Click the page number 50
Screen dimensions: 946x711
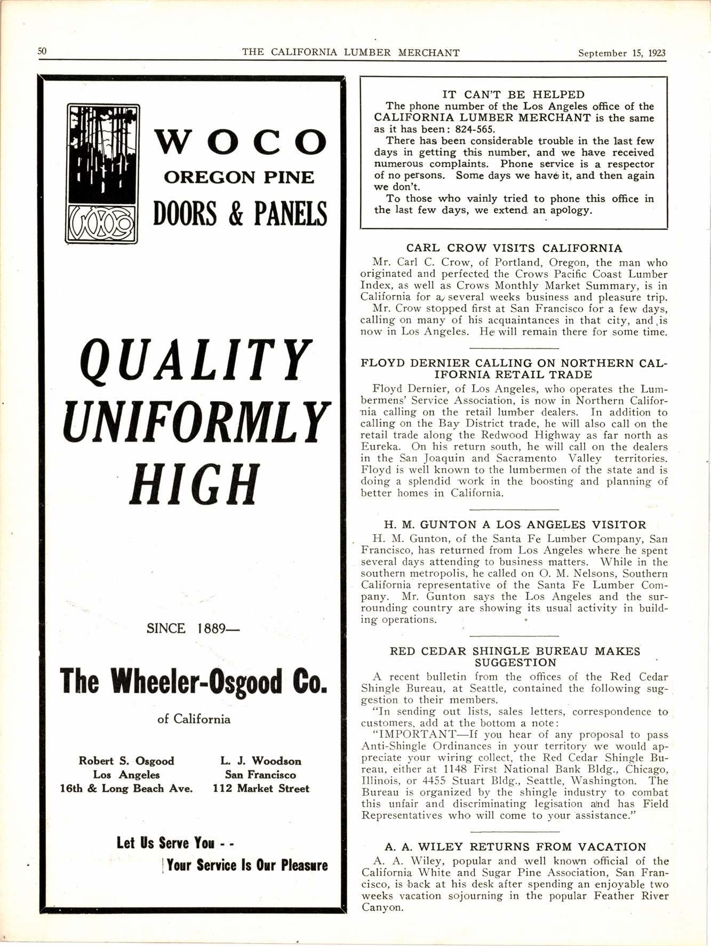tap(42, 51)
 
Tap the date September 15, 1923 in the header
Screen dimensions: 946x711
tap(622, 53)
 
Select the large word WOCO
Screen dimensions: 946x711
tap(241, 142)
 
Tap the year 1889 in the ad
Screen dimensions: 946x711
tap(212, 629)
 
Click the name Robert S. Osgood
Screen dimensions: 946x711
tap(126, 761)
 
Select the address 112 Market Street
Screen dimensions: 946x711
tap(261, 789)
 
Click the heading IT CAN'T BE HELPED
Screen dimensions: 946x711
tap(514, 94)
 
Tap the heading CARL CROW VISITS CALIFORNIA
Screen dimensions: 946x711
tap(514, 248)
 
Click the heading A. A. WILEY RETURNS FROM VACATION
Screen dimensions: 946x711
tap(515, 847)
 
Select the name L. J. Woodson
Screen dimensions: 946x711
tap(260, 761)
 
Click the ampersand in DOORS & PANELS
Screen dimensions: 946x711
tap(235, 214)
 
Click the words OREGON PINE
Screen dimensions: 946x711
tap(239, 177)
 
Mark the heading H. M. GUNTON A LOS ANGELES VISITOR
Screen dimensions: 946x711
tap(515, 524)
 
